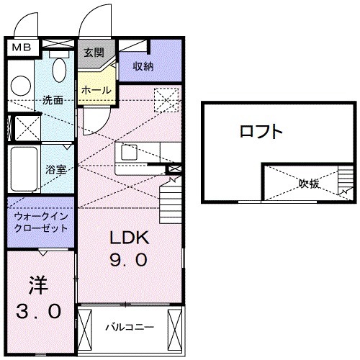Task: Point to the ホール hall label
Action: (96, 91)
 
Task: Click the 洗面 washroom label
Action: (52, 99)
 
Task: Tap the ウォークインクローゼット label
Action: (41, 221)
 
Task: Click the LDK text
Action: (129, 238)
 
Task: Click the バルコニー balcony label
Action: (130, 326)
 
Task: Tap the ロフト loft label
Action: (261, 132)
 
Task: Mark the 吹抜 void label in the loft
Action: (310, 184)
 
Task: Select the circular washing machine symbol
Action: (22, 85)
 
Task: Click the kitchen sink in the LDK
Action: (130, 153)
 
